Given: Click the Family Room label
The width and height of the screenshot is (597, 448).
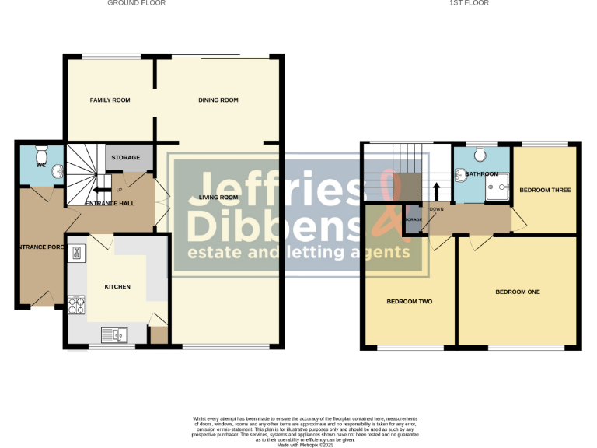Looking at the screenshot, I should coord(110,100).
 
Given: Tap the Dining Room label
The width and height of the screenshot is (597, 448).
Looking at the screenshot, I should coord(218,100).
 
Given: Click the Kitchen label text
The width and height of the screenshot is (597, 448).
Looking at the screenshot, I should coord(117,287).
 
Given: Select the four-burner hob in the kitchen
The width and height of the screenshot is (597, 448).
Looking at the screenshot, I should coord(77,305).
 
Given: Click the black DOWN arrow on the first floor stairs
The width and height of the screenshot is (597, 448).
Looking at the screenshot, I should coord(435,192).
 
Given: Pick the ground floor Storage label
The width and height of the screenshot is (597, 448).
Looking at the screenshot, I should coord(125,158).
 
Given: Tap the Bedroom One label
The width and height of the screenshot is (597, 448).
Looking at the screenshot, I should coord(517,292).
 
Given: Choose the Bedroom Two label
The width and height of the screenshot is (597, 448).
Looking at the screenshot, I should coord(409,301).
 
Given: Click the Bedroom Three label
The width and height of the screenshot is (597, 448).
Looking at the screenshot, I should coord(545,190).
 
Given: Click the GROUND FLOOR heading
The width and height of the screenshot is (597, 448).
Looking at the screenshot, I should coord(136,3).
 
